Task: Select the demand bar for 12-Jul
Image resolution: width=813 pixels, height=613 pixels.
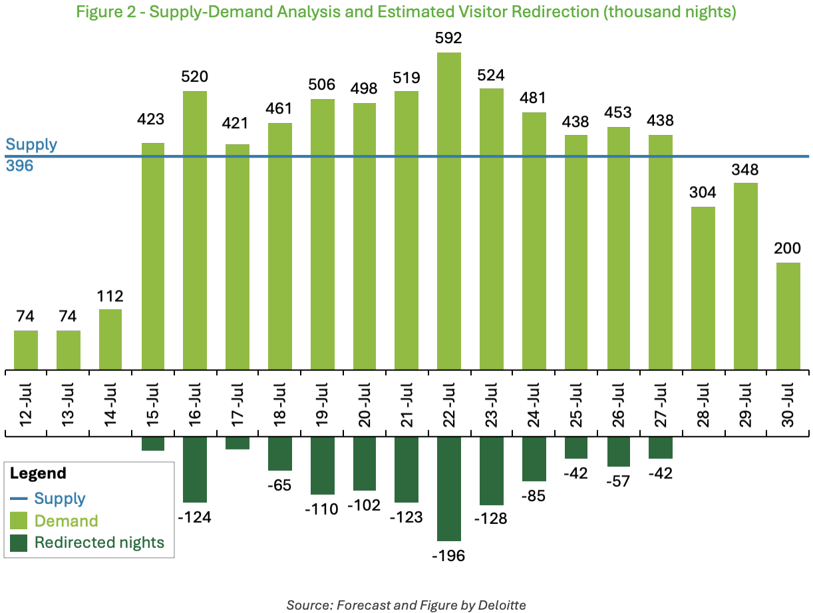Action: pos(26,350)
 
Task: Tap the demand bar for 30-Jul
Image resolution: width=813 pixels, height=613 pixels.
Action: pos(788,316)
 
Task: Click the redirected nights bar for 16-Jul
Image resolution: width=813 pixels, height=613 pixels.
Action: pos(195,469)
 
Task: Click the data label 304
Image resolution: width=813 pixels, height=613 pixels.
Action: pos(703,193)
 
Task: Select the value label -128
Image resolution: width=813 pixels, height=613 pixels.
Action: pos(492,518)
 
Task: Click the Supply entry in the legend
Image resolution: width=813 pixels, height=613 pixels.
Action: pos(60,498)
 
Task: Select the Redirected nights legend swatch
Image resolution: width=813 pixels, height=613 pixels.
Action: pos(19,543)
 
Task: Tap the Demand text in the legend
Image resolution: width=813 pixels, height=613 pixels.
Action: pos(66,521)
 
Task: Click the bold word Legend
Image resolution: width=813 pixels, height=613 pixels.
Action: pos(38,473)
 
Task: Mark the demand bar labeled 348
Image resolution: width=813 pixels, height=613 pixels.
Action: pos(746,276)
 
